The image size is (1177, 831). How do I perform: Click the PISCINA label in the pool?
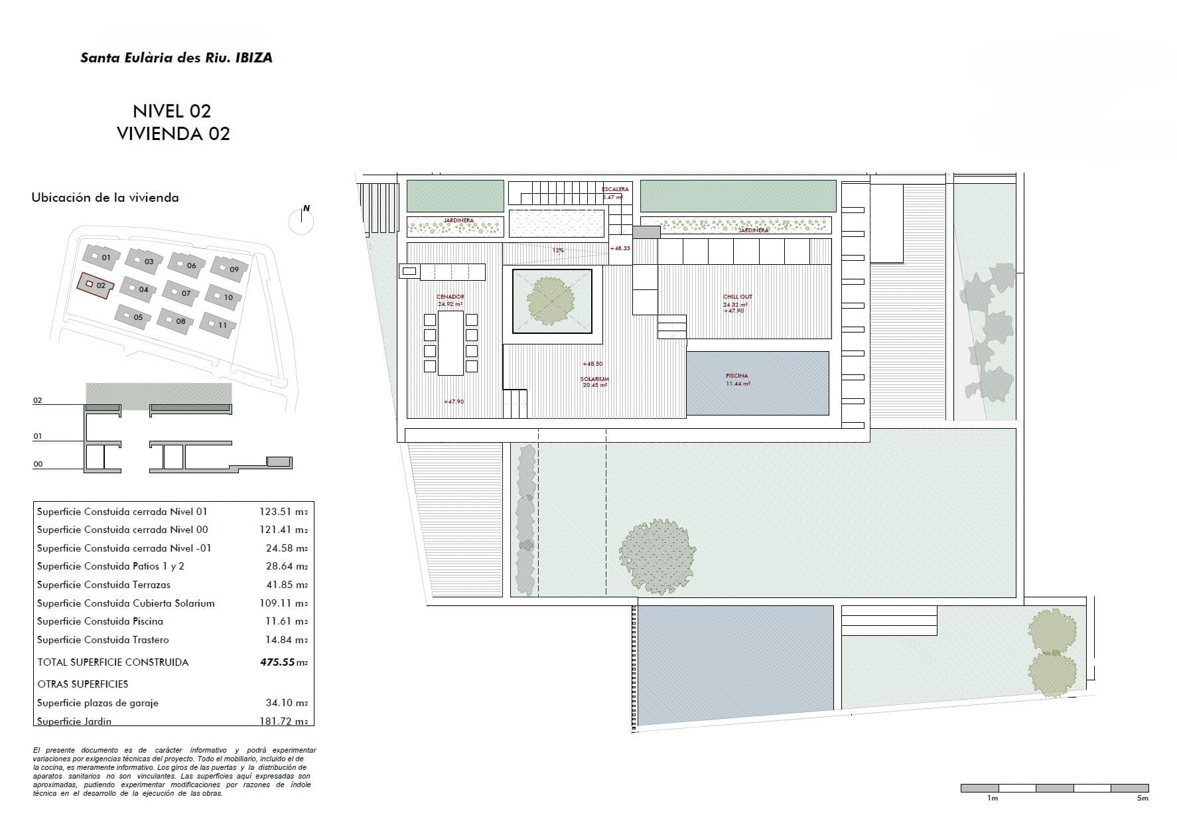[736, 376]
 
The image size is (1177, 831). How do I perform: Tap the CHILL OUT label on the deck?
[737, 297]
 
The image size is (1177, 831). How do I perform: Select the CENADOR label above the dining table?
[450, 297]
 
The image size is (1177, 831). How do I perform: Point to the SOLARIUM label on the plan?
[594, 379]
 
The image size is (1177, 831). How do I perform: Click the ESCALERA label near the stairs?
[615, 189]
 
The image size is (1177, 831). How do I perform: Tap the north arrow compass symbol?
[302, 220]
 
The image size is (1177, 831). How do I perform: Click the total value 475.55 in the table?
[277, 662]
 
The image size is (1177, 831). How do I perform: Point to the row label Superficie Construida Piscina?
[100, 621]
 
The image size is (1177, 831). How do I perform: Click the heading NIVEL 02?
[172, 111]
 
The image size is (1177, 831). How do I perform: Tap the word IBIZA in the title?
[253, 58]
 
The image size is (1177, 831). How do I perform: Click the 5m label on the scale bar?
[1142, 798]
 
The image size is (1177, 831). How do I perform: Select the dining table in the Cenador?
[450, 342]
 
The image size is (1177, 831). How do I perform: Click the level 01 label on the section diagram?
[38, 436]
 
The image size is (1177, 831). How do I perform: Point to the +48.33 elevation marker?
[620, 248]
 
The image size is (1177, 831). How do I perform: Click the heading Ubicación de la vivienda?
[105, 197]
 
